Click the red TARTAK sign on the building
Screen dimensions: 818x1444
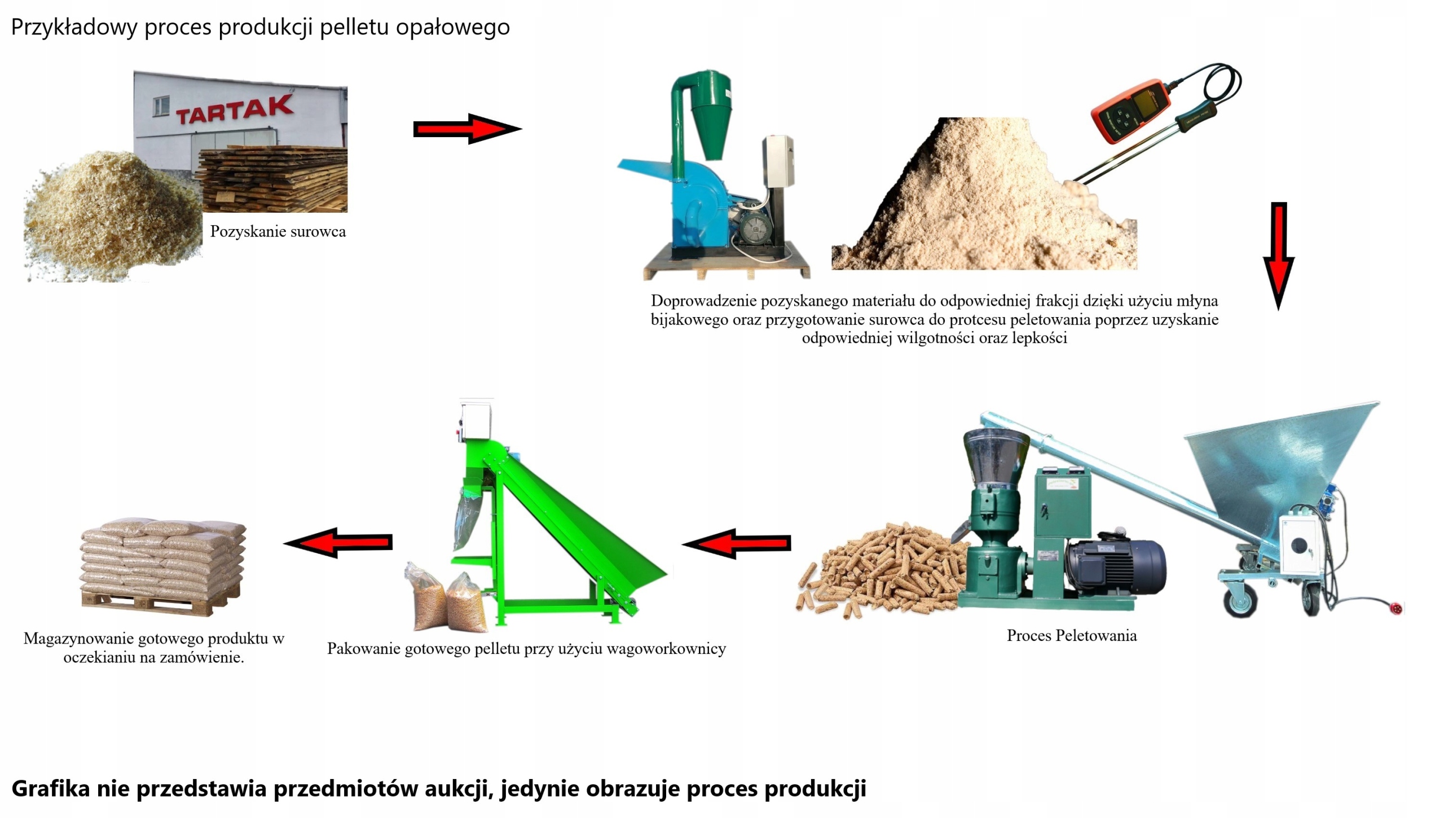click(x=234, y=109)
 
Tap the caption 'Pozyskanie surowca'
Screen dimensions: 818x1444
click(x=278, y=231)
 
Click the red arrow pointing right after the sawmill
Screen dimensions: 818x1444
click(x=467, y=129)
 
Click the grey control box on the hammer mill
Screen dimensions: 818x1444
click(x=778, y=161)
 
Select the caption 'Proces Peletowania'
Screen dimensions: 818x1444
click(x=1071, y=636)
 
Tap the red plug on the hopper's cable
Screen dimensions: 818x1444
click(x=1396, y=609)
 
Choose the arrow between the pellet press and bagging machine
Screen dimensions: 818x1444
click(x=736, y=543)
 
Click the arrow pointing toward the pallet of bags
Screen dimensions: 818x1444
click(x=338, y=543)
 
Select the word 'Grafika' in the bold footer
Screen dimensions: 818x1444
click(x=50, y=788)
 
